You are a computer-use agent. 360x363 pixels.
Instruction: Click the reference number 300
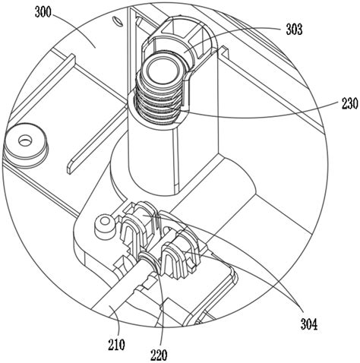[x=43, y=12]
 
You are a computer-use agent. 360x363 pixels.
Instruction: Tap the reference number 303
[x=295, y=30]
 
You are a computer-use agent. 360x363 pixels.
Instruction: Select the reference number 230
[x=350, y=104]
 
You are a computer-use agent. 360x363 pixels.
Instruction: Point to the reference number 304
[x=309, y=324]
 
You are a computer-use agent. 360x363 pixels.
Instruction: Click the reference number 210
[x=116, y=345]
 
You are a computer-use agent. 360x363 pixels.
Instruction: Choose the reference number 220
[x=159, y=355]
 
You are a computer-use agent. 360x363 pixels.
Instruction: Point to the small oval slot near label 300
[x=118, y=21]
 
